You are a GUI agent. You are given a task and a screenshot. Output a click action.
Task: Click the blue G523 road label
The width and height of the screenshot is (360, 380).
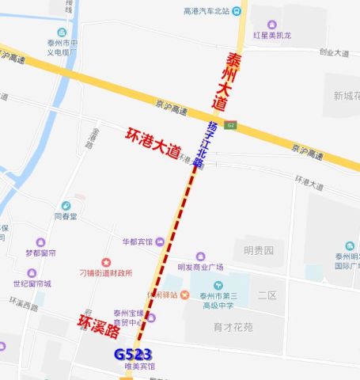pos(132,354)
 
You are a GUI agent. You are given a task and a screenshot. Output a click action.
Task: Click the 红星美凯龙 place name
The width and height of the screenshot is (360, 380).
pos(272,36)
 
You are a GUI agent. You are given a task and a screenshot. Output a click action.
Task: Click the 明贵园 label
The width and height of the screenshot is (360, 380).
pos(258,250)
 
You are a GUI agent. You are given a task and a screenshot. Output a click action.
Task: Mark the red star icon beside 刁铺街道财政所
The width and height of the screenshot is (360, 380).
pos(105,262)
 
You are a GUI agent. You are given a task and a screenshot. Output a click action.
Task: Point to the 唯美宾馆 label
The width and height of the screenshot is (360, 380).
pos(139,367)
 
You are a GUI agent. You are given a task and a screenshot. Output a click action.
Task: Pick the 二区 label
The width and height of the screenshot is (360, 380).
pos(267,294)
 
